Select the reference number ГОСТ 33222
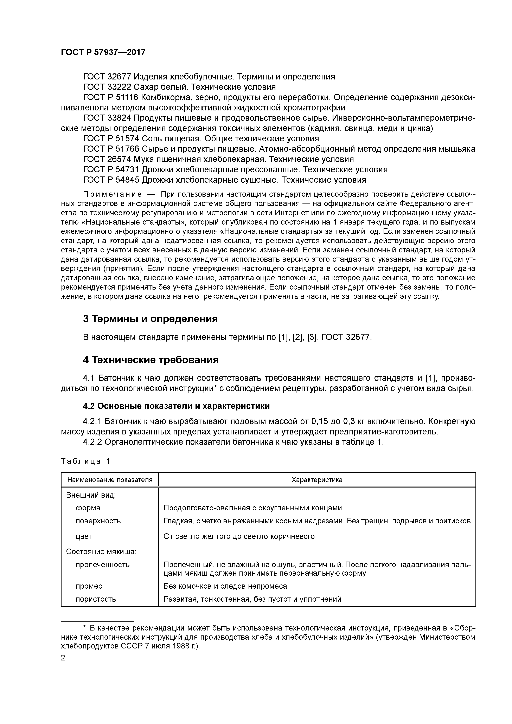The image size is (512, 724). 106,87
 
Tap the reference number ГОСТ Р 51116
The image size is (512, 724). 110,97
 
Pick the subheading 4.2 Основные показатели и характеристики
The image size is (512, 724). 176,406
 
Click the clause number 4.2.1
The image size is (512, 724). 92,422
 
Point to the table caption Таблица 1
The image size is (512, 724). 85,461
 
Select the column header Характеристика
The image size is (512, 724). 317,480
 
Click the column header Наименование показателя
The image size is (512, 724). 110,480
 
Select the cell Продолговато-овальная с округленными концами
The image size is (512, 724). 252,508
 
